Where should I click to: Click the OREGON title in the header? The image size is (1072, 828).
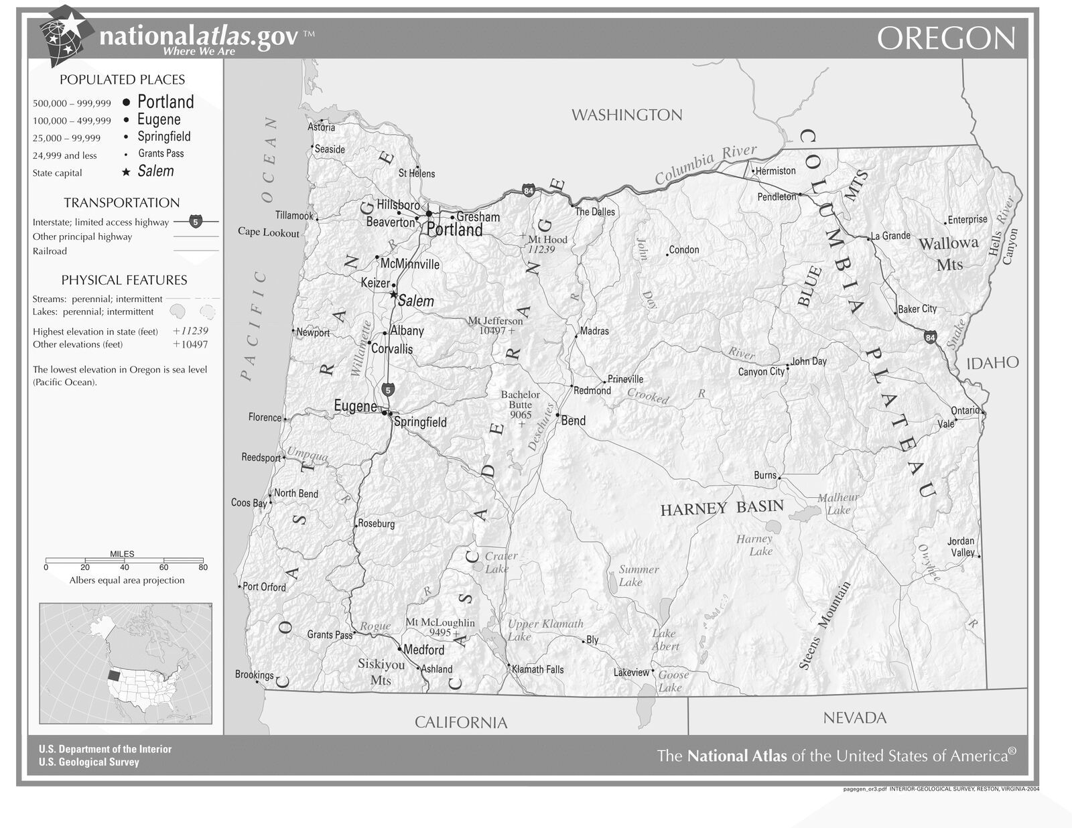pos(946,39)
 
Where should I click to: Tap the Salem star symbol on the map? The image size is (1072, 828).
pos(393,294)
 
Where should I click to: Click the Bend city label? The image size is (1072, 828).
pos(573,421)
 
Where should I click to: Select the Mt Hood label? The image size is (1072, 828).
pos(547,239)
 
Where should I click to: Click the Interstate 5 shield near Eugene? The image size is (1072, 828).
pos(388,389)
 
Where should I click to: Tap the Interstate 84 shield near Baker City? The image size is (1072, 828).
pos(930,338)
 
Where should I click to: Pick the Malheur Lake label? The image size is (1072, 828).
pos(838,504)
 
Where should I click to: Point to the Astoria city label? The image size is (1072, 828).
pos(321,127)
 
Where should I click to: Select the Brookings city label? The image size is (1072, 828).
pos(254,675)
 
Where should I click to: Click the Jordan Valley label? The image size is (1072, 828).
pos(961,547)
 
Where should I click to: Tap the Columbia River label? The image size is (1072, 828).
pos(706,164)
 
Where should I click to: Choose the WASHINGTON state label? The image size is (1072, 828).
pos(626,115)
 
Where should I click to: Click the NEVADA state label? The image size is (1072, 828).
pos(854,718)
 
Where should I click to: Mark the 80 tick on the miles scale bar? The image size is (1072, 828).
pos(203,567)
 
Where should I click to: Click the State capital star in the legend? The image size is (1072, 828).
pos(126,172)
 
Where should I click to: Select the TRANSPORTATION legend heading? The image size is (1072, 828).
pos(122,202)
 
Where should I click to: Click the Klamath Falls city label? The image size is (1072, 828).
pos(537,669)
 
